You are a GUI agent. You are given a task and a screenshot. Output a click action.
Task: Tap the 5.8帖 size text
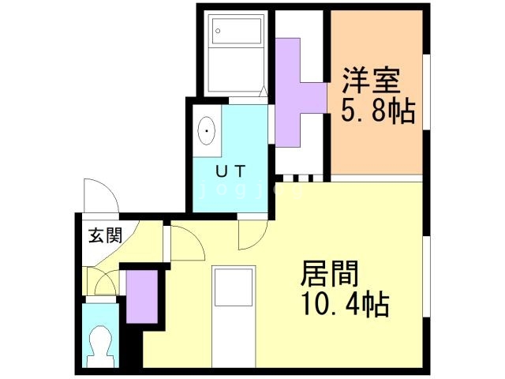(377, 111)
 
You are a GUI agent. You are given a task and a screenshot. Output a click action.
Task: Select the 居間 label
(329, 274)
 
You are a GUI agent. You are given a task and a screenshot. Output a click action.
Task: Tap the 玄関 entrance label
(104, 235)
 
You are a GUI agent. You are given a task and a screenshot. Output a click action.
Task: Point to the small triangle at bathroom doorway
(261, 93)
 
